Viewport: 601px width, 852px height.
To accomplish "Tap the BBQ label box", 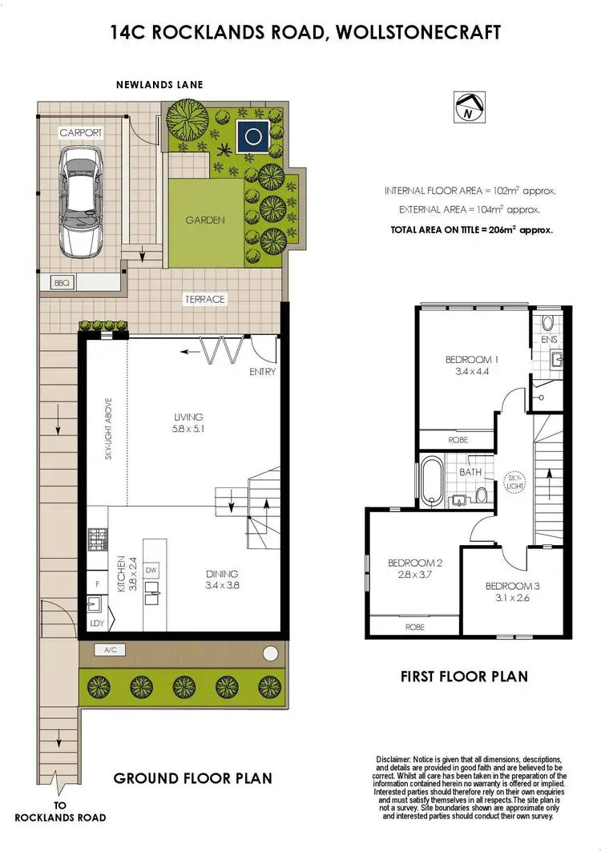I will (59, 283).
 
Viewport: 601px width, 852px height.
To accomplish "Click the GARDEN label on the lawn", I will (205, 220).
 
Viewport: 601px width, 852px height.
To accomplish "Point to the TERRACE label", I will (205, 299).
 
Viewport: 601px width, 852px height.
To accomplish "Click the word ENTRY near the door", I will (263, 372).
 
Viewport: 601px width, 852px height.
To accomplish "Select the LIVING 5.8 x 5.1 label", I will (188, 422).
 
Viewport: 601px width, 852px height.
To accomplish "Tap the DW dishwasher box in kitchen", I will (151, 570).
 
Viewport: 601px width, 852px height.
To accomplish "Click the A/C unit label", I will (110, 650).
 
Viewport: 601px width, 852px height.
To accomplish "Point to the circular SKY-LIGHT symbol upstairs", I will (513, 484).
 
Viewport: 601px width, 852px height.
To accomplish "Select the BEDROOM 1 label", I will (472, 365).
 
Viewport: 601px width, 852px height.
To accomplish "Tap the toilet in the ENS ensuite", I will (547, 323).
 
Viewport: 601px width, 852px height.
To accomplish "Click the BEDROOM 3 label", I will (512, 592).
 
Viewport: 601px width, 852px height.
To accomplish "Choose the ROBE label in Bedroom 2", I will (413, 627).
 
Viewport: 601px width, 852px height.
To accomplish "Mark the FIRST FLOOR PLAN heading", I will (464, 676).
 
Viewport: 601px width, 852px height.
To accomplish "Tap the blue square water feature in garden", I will (256, 138).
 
